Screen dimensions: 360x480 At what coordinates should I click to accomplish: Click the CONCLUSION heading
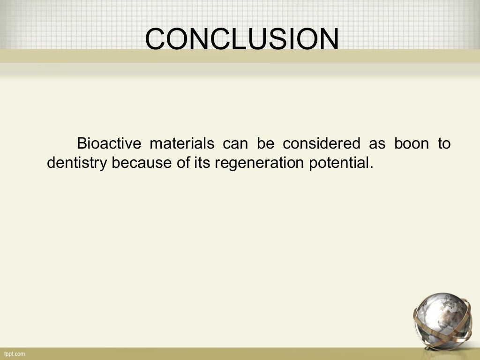242,39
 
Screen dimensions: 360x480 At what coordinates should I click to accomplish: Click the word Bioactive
108,143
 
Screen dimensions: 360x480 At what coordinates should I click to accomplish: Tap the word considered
322,143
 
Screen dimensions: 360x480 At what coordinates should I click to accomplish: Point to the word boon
411,143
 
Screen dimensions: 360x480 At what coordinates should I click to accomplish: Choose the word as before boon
377,143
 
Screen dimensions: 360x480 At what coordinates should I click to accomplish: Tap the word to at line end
444,143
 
